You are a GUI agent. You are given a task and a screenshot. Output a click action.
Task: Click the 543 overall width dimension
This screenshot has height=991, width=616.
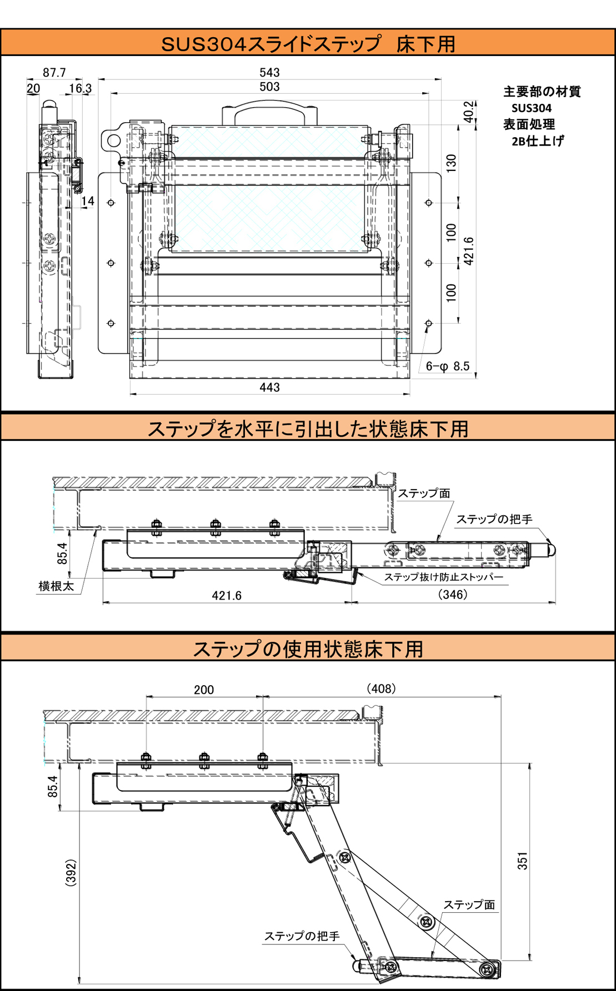coord(269,73)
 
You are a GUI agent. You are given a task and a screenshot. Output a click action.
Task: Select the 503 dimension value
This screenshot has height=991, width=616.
coord(269,87)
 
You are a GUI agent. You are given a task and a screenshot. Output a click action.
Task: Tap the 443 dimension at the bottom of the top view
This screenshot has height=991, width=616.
coord(269,388)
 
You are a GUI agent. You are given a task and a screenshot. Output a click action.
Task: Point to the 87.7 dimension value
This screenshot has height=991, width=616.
coord(54,73)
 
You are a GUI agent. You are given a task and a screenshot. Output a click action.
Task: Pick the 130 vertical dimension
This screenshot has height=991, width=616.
coord(451,162)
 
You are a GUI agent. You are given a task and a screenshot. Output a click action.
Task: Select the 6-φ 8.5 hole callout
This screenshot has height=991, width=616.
coord(448,366)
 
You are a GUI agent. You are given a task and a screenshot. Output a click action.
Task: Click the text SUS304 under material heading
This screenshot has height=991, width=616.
coord(532,108)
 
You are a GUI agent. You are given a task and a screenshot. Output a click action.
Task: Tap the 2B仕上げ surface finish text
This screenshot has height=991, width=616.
coord(537,141)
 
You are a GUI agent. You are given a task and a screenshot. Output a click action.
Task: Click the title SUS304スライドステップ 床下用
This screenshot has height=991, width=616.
coord(308,44)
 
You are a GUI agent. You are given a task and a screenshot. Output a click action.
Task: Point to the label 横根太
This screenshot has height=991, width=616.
coord(56,586)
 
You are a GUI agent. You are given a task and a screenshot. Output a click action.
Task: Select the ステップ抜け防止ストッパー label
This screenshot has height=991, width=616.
coord(444,577)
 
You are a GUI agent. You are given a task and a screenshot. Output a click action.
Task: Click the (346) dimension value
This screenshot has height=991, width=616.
coord(453,595)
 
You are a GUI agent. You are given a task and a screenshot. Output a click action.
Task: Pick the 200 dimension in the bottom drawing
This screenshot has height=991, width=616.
coord(204,690)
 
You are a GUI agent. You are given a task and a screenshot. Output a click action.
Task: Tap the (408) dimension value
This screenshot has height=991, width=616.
coord(381,688)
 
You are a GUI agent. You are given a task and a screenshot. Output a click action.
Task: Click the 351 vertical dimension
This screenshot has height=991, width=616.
coord(523,861)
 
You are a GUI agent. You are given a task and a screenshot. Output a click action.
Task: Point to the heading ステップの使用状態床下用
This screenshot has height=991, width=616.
coord(308,648)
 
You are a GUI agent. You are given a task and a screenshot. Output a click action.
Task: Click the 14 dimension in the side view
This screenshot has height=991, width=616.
coord(88,201)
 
